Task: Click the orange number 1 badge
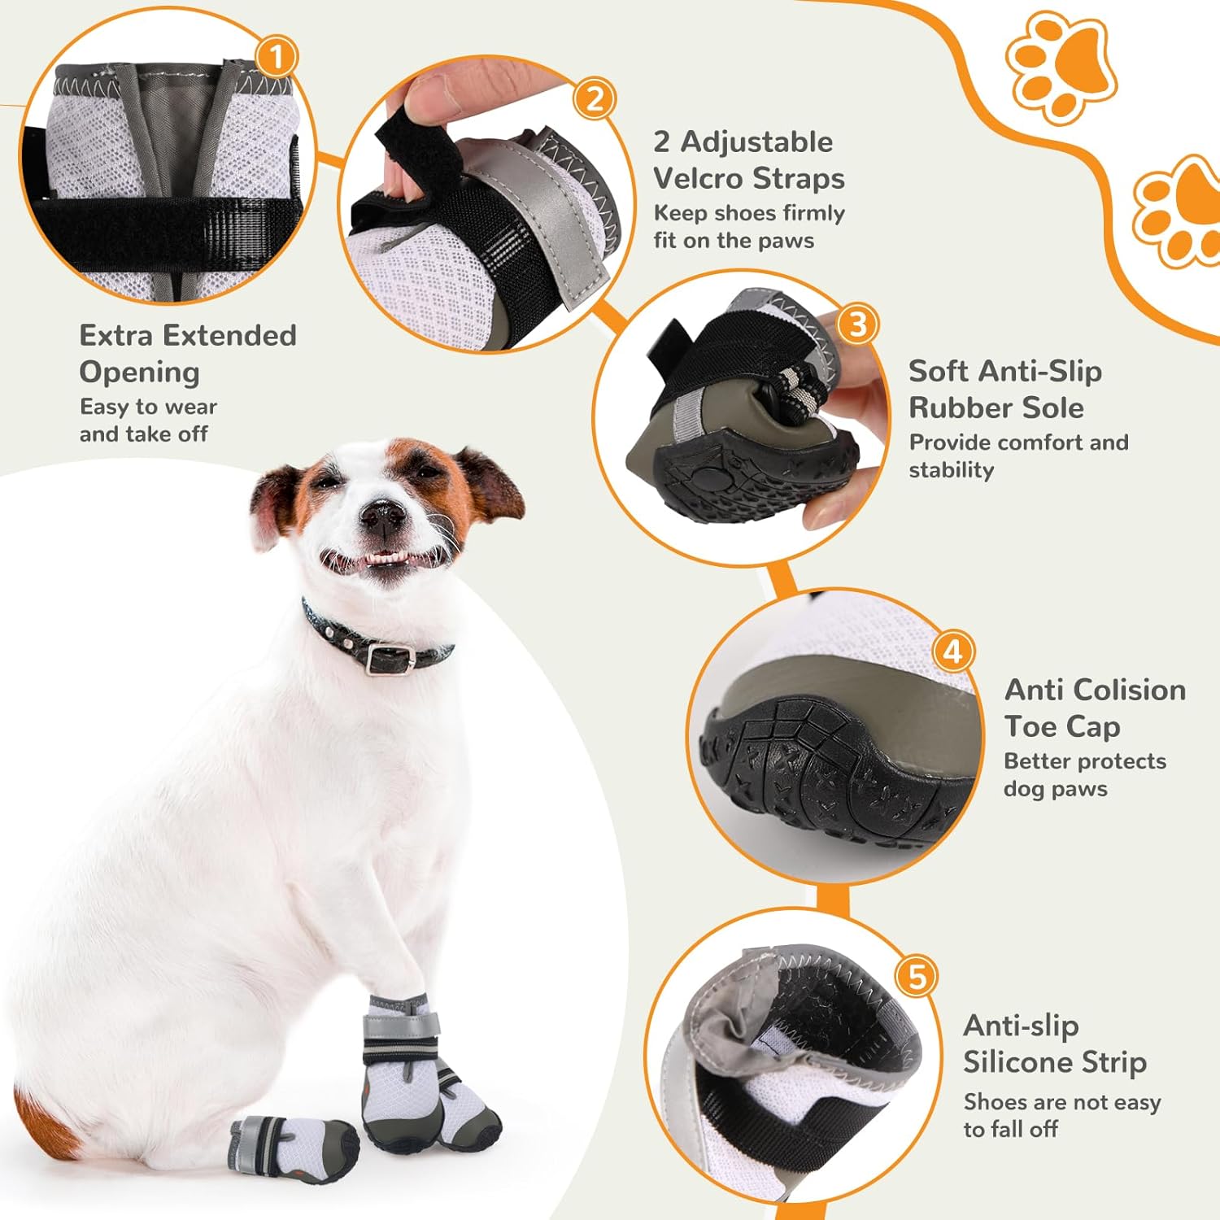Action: [x=276, y=57]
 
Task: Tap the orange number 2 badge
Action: [x=594, y=99]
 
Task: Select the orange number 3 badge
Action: [x=857, y=325]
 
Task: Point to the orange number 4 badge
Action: [x=952, y=651]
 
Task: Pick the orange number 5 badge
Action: [x=917, y=976]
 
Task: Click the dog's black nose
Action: [x=383, y=514]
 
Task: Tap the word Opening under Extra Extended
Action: [x=139, y=372]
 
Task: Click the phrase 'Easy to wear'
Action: [x=148, y=407]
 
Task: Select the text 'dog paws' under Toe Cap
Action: [x=1055, y=789]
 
